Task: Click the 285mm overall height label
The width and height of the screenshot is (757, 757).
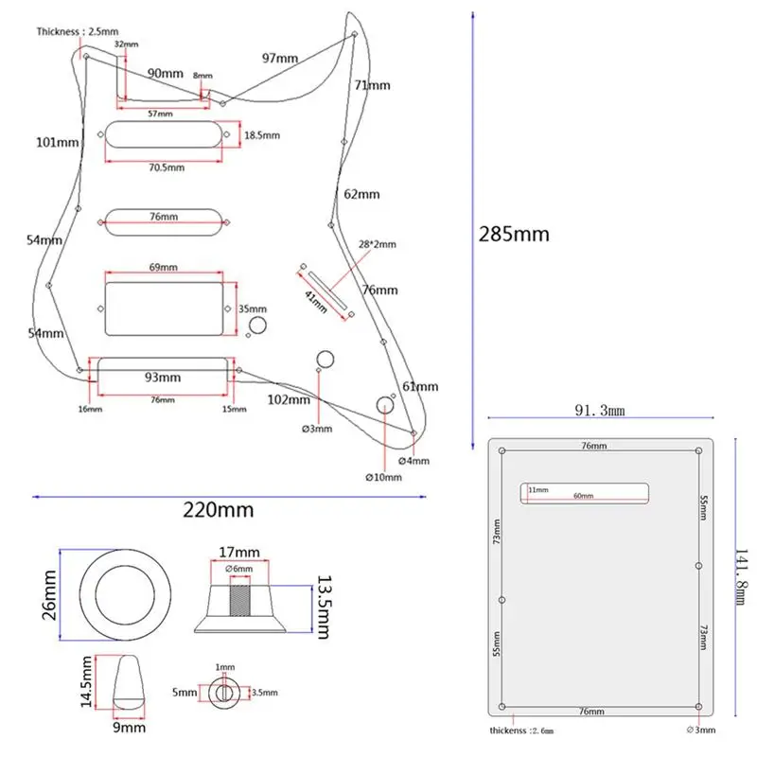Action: (514, 235)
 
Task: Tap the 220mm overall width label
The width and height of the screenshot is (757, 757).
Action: (219, 510)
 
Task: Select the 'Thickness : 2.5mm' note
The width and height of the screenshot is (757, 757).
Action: (78, 32)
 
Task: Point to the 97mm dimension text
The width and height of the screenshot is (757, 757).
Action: (280, 59)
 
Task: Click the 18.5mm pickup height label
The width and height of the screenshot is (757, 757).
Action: (262, 135)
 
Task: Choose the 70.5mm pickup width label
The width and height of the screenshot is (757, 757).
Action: (167, 167)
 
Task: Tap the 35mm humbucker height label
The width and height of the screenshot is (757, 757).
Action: (253, 309)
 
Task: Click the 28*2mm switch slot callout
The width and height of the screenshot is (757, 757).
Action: (377, 244)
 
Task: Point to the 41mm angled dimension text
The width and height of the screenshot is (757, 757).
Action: (316, 302)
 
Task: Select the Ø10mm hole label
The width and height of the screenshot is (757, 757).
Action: (383, 478)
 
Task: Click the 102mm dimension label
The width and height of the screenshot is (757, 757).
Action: (289, 399)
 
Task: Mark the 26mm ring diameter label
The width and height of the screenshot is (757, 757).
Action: (49, 595)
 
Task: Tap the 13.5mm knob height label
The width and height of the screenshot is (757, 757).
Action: (324, 607)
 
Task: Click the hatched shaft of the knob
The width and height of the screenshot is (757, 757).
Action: (240, 601)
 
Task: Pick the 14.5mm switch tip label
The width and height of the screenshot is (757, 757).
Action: (86, 681)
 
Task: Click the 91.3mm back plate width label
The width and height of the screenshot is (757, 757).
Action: (600, 411)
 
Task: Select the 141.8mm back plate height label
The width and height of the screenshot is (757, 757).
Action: (741, 577)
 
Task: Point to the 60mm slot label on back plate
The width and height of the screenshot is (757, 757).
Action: (583, 496)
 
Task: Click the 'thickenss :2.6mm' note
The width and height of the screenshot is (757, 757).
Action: (521, 731)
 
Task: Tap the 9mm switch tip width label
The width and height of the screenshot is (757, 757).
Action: (130, 728)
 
